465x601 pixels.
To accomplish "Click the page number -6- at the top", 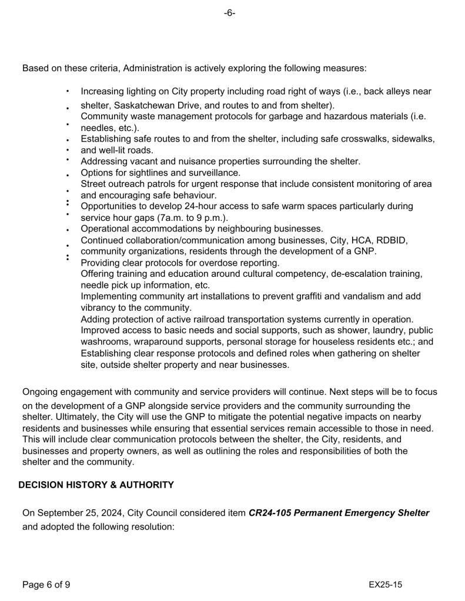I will click(x=229, y=14).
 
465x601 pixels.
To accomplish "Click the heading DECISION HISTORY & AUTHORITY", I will click(x=96, y=485).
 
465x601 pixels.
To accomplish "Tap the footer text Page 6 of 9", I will click(x=46, y=585).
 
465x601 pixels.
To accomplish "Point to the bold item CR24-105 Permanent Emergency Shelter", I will click(x=339, y=513).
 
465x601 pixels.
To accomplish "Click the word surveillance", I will click(x=213, y=173).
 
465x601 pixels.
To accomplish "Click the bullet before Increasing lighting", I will click(x=68, y=92).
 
